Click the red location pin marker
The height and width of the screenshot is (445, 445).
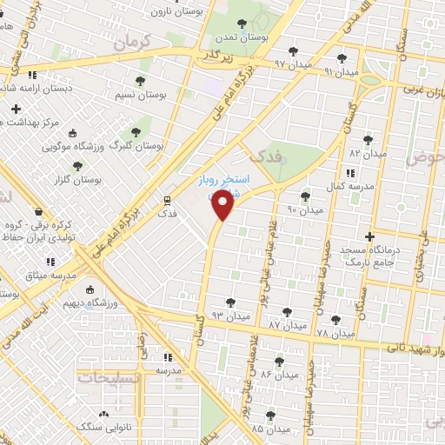(x=223, y=205)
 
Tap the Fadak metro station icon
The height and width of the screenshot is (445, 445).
(x=167, y=199)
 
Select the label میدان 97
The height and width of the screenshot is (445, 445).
(x=268, y=64)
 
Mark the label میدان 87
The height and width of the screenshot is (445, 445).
(x=286, y=324)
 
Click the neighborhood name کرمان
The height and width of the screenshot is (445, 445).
(x=132, y=41)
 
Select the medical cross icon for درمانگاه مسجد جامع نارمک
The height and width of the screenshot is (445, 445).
(x=370, y=236)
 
